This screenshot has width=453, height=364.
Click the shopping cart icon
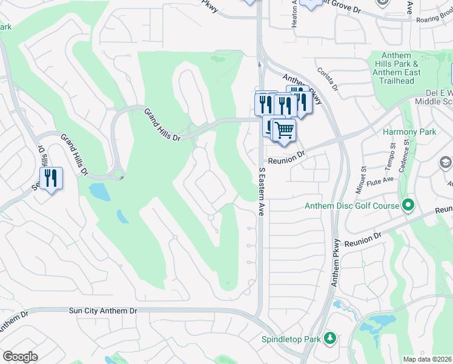click(283, 130)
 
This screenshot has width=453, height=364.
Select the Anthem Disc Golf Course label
click(352, 206)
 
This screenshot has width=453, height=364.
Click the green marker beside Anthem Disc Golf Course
click(408, 205)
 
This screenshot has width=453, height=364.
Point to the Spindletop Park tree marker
click(329, 338)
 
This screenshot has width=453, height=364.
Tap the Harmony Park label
click(409, 132)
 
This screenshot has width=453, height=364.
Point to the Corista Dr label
click(326, 78)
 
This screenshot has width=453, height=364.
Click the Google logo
click(20, 357)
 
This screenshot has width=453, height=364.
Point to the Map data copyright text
click(427, 359)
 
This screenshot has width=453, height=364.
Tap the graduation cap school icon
click(445, 163)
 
